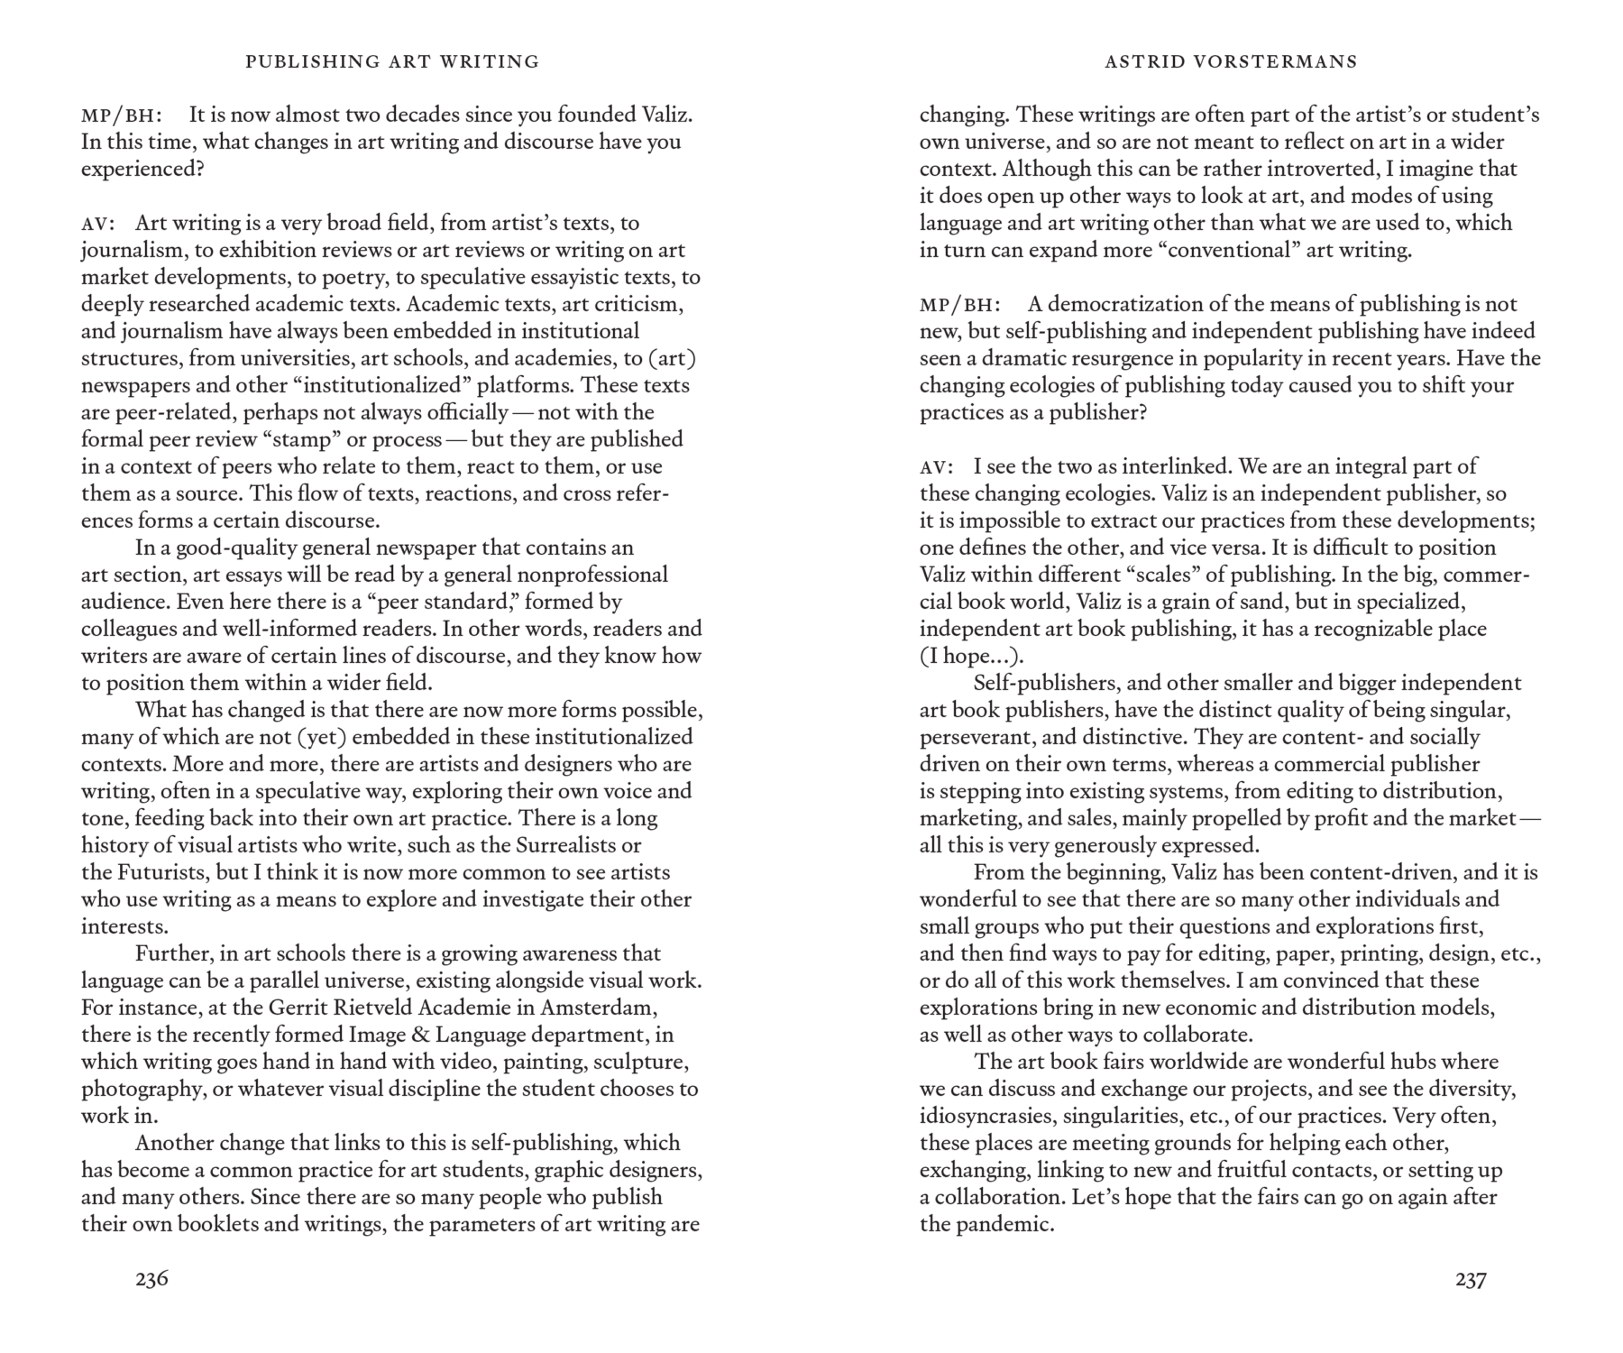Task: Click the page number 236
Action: [x=151, y=1278]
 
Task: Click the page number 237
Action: [x=1471, y=1278]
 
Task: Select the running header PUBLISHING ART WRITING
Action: [x=392, y=61]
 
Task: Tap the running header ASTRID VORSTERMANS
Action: [x=1231, y=61]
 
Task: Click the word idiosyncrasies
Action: [x=986, y=1116]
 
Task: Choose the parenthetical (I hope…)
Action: [x=972, y=656]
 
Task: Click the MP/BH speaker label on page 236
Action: [x=122, y=115]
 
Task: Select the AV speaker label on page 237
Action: [x=936, y=467]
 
